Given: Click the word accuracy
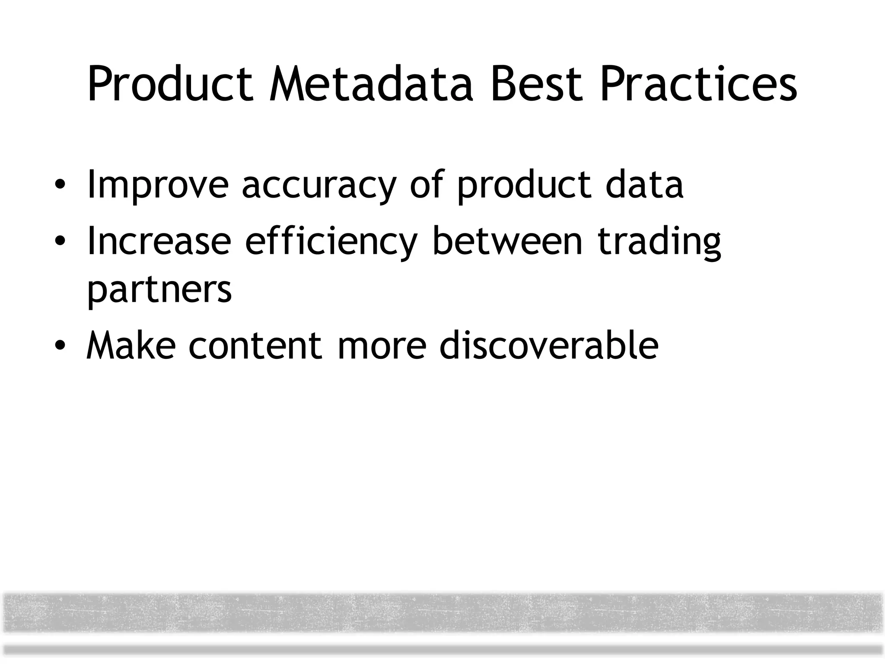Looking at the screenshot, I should click(319, 186).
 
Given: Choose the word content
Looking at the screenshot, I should click(255, 345).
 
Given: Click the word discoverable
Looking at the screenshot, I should click(549, 345).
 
